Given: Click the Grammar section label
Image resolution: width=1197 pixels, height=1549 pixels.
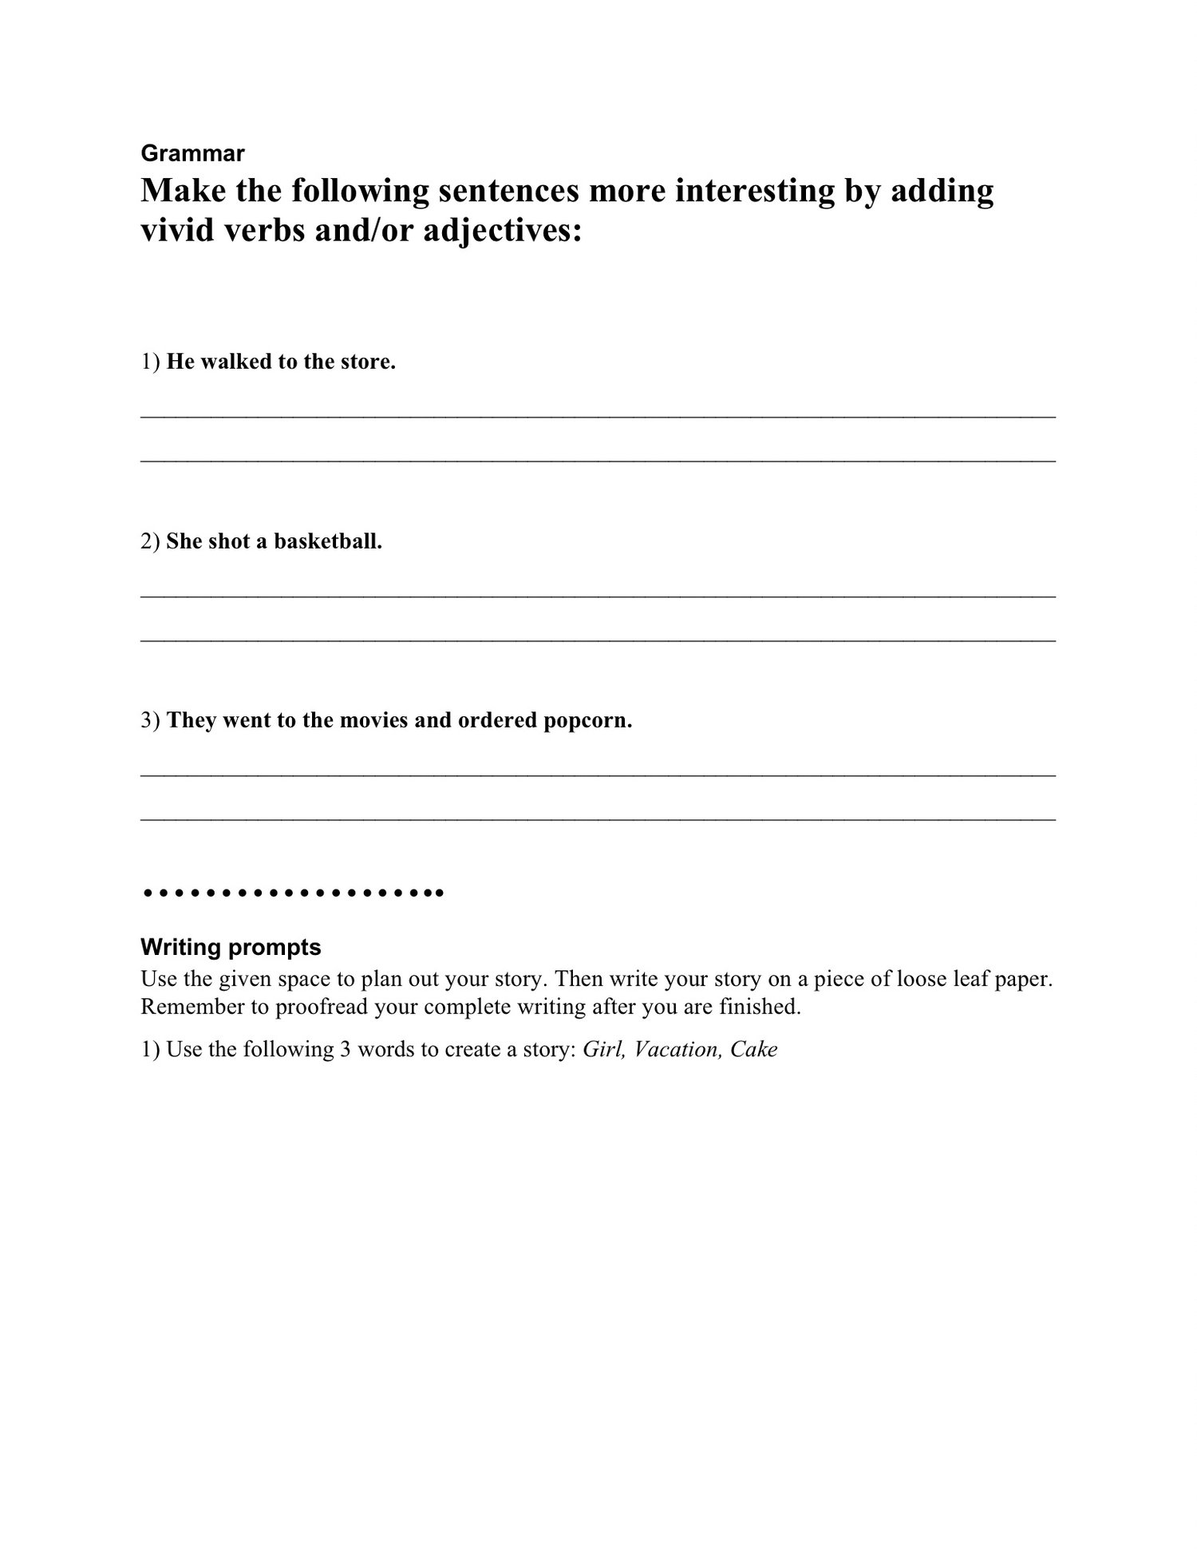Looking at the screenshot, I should (192, 153).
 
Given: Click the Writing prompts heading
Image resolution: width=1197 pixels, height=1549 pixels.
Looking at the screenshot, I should (231, 948).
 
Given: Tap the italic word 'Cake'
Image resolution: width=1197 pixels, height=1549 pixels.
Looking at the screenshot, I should (753, 1049).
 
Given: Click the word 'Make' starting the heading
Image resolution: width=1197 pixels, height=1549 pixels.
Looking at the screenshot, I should (176, 192).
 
